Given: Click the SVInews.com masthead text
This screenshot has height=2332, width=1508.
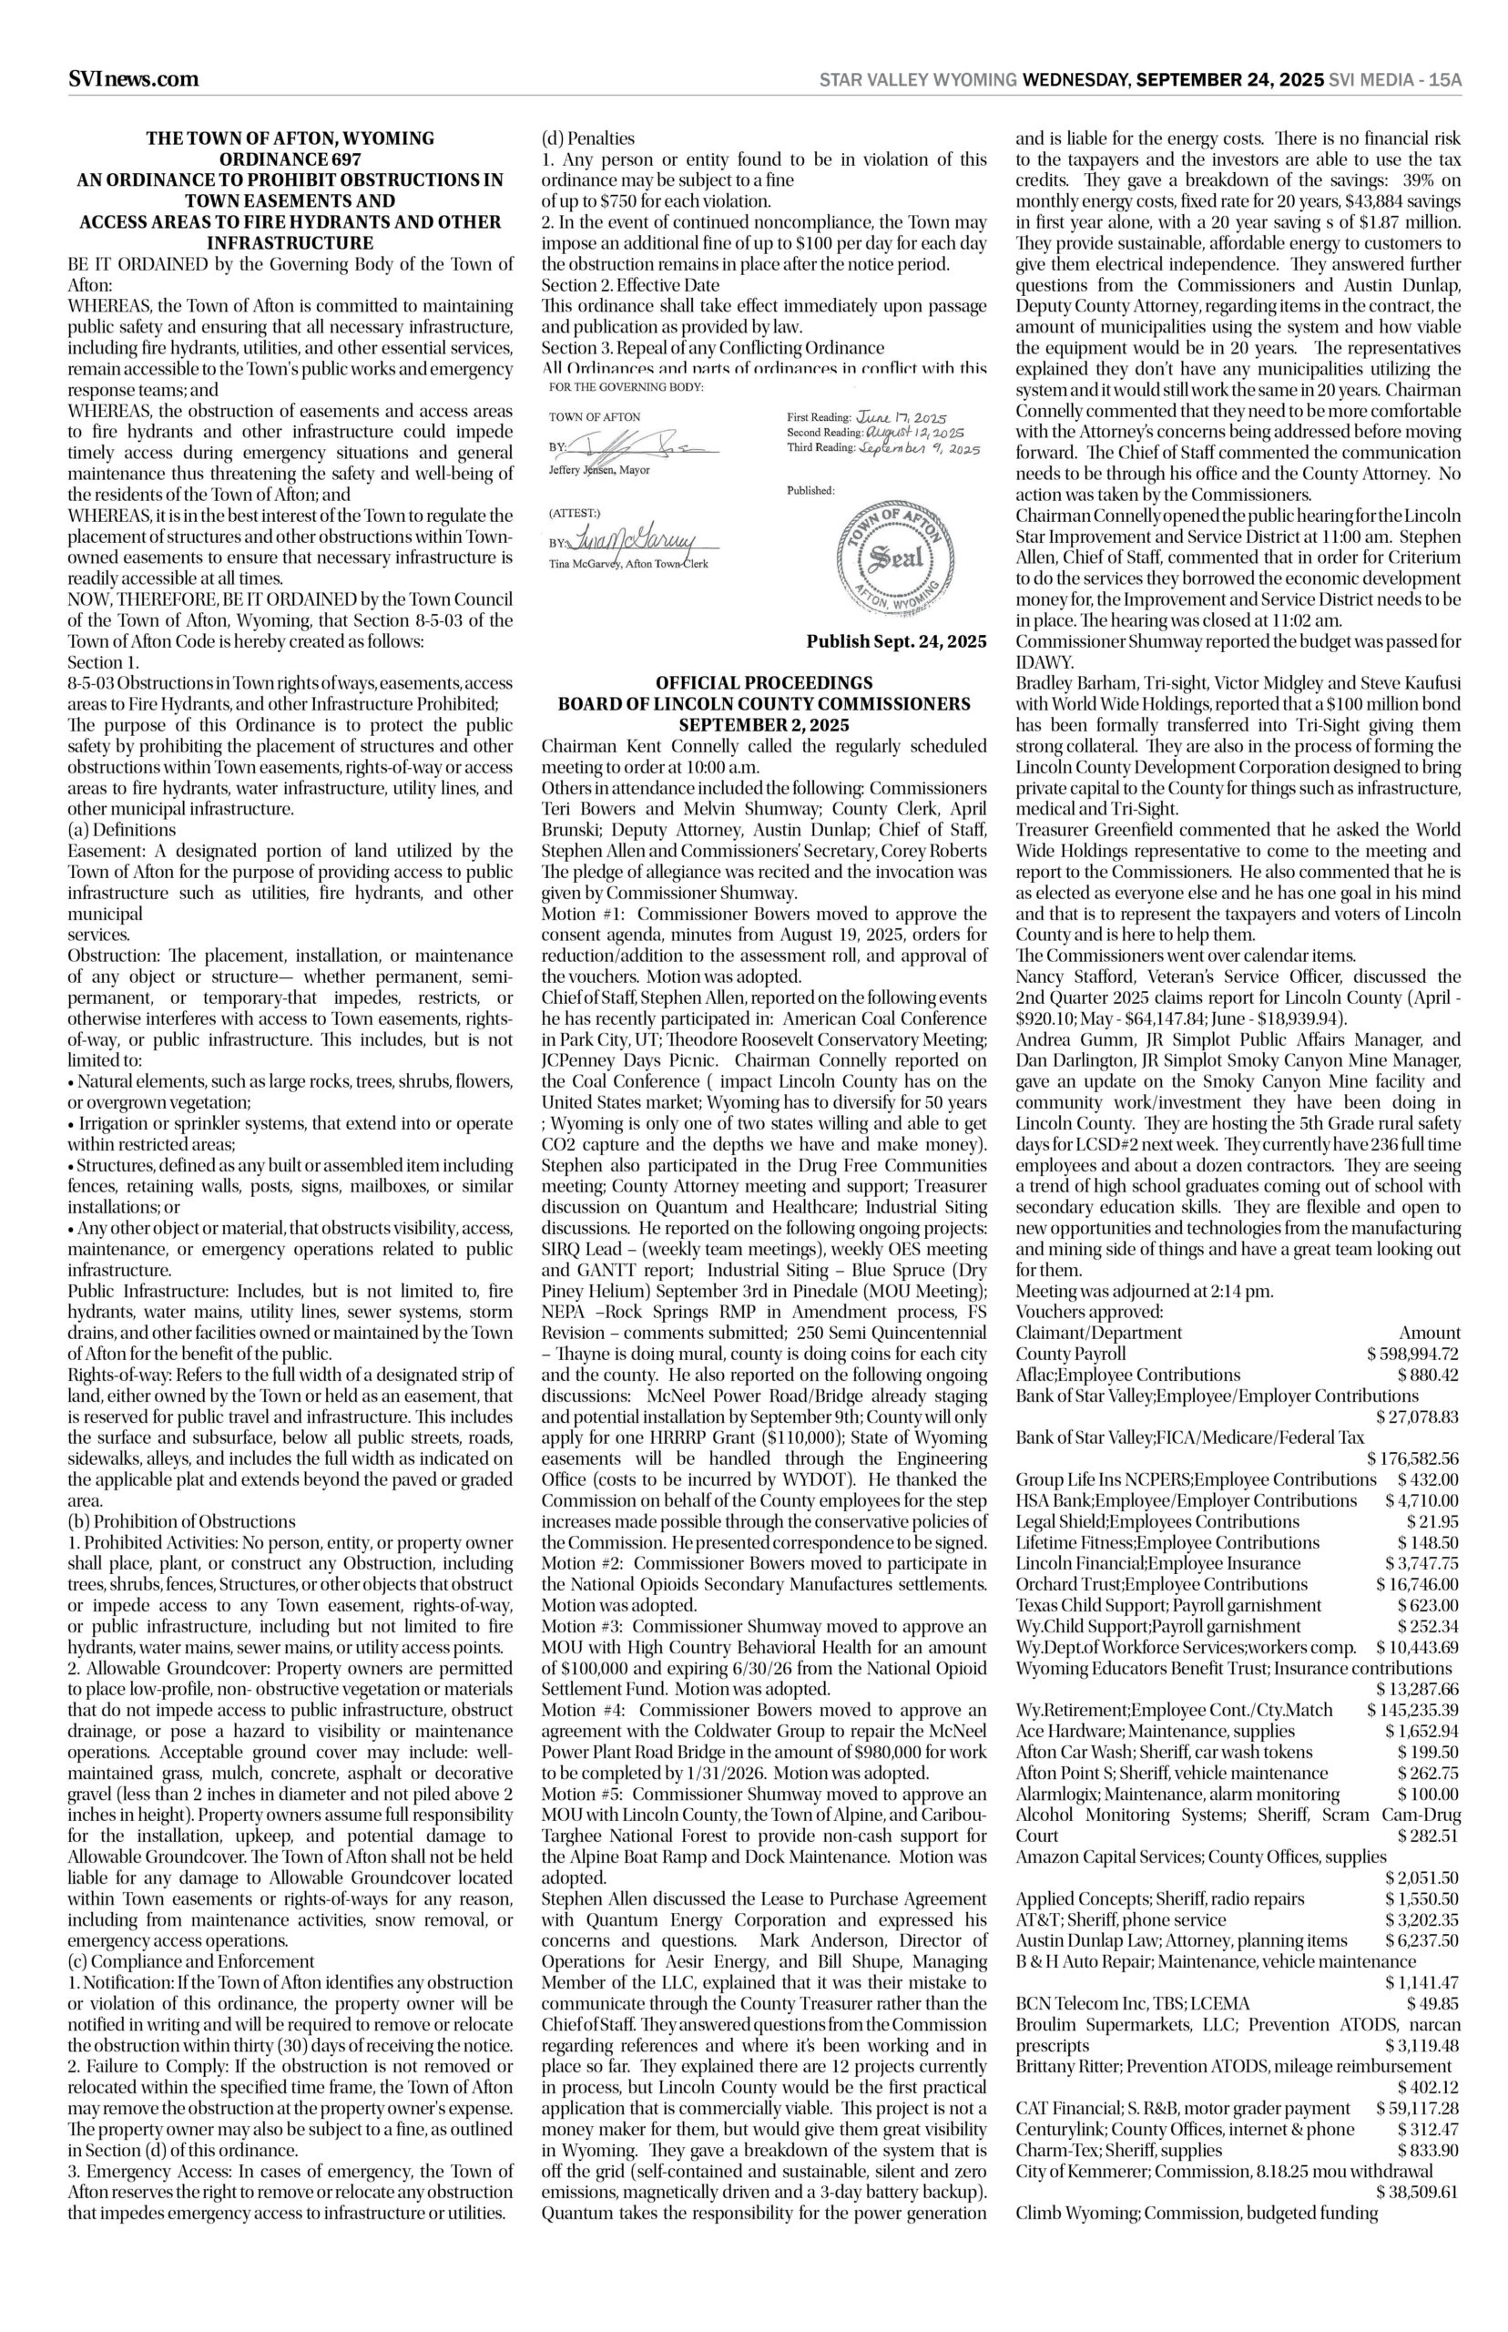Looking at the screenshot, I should (x=133, y=79).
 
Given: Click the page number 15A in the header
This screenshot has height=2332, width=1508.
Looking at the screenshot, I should (x=1445, y=80).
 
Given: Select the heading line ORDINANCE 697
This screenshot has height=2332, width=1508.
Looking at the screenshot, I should (x=290, y=159).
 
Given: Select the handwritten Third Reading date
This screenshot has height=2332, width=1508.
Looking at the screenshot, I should (x=919, y=447).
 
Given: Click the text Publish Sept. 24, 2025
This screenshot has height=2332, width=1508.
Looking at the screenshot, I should (x=896, y=641).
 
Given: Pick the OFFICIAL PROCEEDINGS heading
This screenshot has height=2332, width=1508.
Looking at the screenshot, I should (x=764, y=681).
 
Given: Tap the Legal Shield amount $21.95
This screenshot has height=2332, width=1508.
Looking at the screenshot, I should (x=1432, y=1521).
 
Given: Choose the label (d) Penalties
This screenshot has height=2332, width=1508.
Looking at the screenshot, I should (x=587, y=138).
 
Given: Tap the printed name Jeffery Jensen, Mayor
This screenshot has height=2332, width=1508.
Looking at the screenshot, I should (x=599, y=470).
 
